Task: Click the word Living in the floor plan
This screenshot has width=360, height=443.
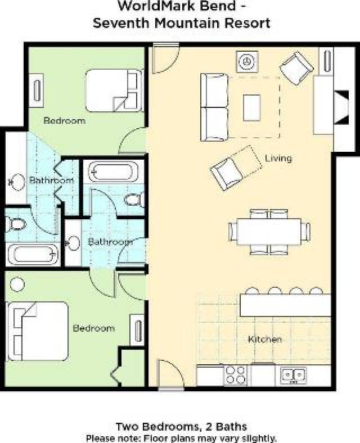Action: [x=278, y=158]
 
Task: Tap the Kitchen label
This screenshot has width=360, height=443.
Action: [x=265, y=339]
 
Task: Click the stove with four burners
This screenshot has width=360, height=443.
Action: [x=235, y=375]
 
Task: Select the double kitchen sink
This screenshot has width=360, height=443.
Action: [x=294, y=375]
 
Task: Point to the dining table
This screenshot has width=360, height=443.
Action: [x=269, y=232]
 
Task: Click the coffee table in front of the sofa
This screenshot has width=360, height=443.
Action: [x=252, y=107]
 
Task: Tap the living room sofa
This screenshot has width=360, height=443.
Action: [x=214, y=107]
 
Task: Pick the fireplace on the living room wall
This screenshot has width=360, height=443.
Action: [x=341, y=107]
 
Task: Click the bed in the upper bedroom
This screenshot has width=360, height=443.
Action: [x=114, y=91]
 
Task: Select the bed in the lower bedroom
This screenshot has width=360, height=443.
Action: [x=38, y=331]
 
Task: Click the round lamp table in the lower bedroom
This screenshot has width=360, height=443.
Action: [x=17, y=285]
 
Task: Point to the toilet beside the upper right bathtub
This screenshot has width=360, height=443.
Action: [x=134, y=200]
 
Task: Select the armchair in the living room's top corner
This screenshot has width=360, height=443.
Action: [x=296, y=68]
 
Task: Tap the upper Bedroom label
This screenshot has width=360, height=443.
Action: [x=65, y=121]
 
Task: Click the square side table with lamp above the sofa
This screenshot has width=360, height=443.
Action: [x=247, y=61]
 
